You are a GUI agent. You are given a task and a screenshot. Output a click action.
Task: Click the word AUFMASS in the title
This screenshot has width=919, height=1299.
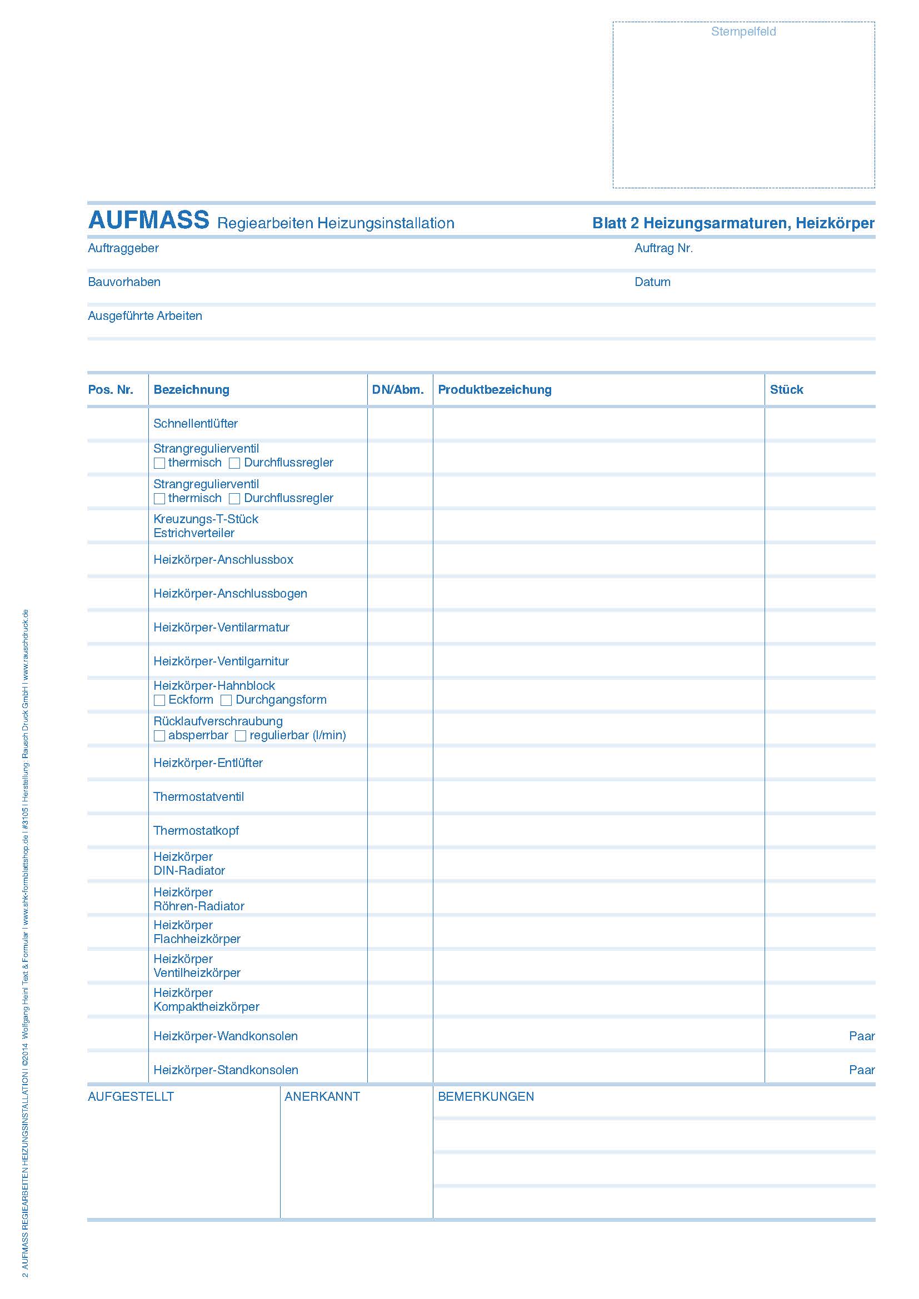[148, 220]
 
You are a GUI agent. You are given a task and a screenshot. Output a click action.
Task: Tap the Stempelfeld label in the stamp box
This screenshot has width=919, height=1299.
[743, 32]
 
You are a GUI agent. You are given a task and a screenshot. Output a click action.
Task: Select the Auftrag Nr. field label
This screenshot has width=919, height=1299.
[663, 248]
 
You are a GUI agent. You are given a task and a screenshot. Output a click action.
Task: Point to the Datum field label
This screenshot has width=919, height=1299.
[652, 282]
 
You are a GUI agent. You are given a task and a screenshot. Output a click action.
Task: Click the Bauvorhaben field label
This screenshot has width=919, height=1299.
[124, 282]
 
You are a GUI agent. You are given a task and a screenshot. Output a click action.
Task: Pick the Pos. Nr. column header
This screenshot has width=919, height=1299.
[111, 390]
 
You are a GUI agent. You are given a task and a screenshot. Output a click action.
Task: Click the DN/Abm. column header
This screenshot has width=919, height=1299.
[398, 390]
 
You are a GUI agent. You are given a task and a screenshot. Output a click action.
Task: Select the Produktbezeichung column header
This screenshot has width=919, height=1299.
[494, 390]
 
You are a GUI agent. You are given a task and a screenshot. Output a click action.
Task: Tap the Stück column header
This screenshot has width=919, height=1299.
[786, 390]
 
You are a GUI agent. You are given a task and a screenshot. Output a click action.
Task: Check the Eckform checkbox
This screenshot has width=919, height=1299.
[159, 700]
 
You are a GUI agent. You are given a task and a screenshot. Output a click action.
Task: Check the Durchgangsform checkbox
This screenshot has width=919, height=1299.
[226, 700]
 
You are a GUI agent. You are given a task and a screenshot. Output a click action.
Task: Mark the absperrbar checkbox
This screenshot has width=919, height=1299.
[159, 735]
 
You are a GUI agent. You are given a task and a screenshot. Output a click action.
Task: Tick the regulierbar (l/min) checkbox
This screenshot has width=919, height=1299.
[241, 735]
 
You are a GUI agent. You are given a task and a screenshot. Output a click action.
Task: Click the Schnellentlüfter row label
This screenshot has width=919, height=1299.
[195, 424]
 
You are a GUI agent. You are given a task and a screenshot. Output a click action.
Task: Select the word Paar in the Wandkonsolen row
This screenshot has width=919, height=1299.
[861, 1036]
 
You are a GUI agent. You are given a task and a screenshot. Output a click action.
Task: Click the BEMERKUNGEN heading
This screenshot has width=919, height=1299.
[486, 1096]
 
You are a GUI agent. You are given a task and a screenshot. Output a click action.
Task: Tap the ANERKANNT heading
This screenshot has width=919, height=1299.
[322, 1096]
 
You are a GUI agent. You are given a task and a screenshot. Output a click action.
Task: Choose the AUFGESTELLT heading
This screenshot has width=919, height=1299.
[131, 1096]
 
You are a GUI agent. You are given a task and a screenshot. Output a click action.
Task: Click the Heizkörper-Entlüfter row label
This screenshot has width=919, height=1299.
[208, 763]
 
